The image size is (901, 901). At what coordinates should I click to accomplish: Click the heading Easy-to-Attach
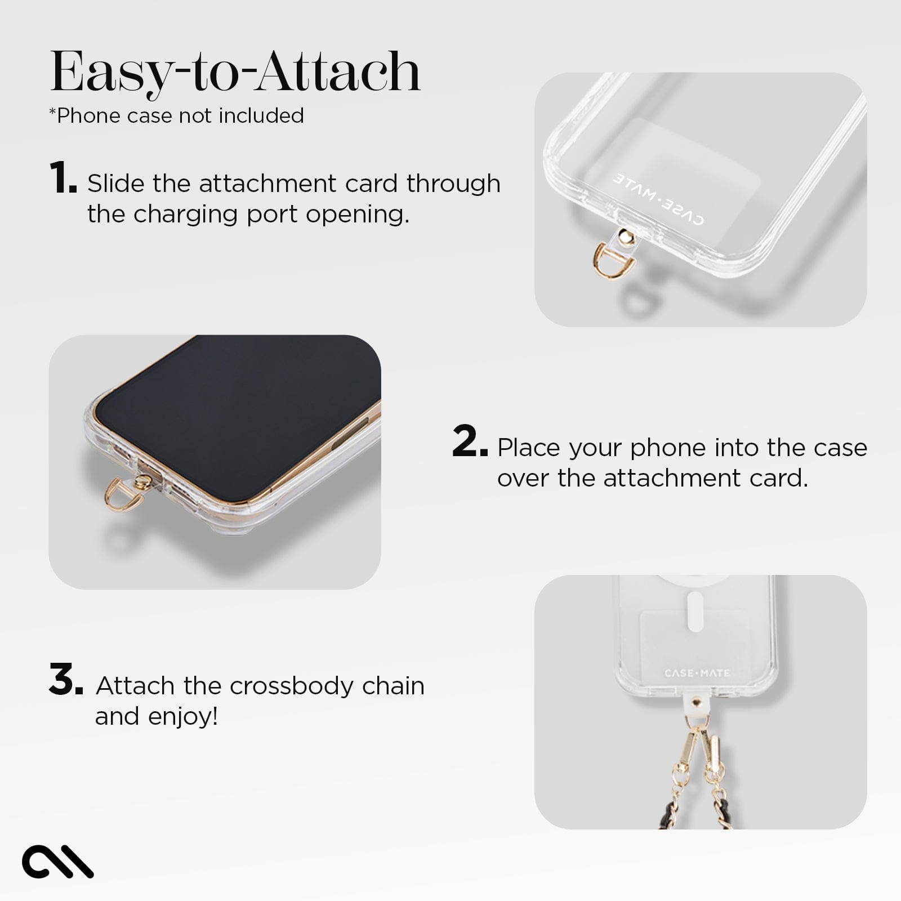pos(235,72)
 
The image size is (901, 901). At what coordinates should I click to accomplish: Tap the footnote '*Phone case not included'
pos(177,115)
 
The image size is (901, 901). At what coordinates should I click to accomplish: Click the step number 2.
pos(469,441)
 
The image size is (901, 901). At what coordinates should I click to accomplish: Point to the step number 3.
pos(65,680)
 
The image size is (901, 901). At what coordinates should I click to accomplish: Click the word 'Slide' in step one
pos(115,184)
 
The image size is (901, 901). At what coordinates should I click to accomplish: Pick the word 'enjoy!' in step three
pos(183,717)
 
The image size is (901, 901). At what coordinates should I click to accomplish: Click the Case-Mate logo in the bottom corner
pos(57,861)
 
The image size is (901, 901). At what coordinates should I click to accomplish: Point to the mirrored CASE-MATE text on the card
pos(658,199)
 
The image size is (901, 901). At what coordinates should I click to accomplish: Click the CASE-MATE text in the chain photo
pos(697,673)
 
